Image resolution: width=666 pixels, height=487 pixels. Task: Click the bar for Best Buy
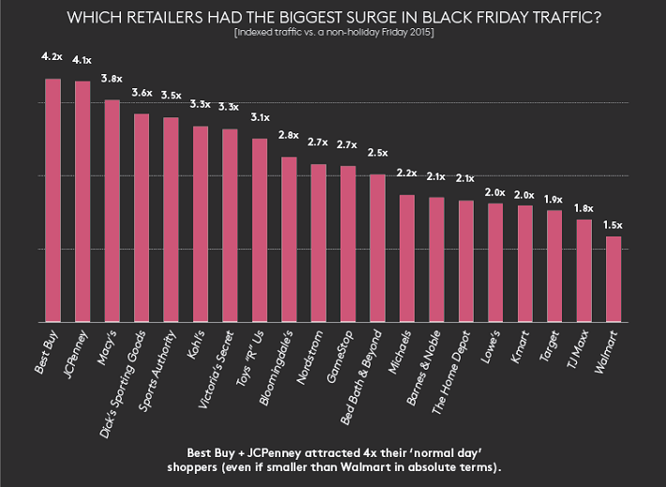pyautogui.click(x=53, y=200)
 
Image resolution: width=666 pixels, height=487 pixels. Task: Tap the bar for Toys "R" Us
pyautogui.click(x=260, y=230)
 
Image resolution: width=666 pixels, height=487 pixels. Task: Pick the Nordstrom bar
pyautogui.click(x=318, y=243)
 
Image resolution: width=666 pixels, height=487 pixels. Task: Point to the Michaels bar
pyautogui.click(x=407, y=258)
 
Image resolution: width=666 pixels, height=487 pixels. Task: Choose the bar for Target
pyautogui.click(x=553, y=266)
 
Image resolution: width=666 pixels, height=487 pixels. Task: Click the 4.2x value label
pyautogui.click(x=53, y=56)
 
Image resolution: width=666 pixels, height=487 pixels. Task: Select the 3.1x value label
pyautogui.click(x=260, y=117)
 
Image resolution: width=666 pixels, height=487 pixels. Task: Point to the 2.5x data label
pyautogui.click(x=377, y=152)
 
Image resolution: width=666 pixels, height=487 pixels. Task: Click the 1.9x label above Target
pyautogui.click(x=553, y=199)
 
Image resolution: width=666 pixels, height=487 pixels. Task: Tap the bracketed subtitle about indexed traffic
pyautogui.click(x=333, y=34)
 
